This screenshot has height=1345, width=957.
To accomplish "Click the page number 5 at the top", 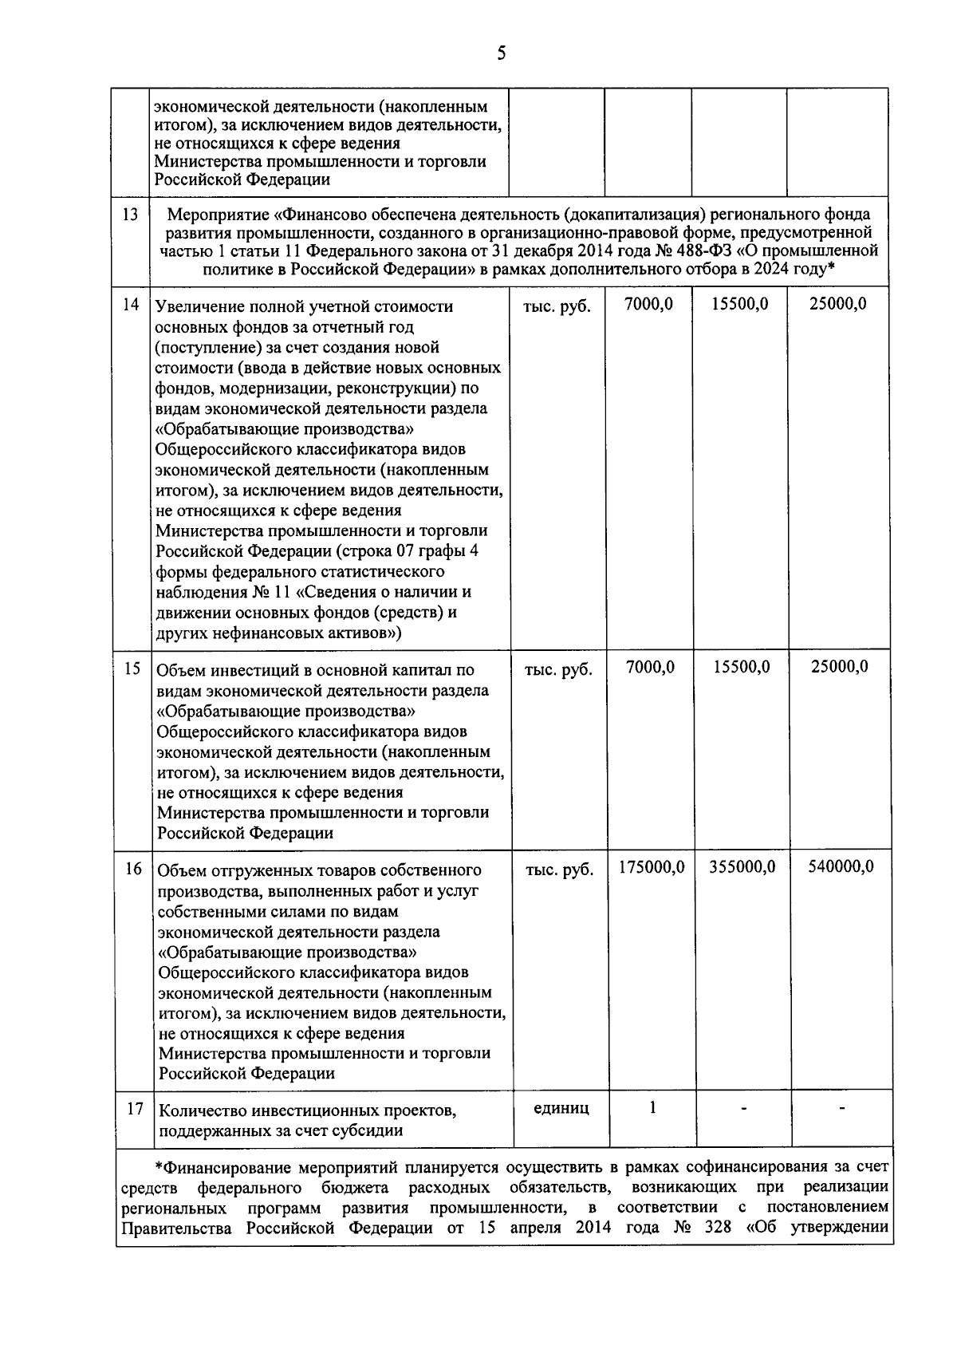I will [501, 53].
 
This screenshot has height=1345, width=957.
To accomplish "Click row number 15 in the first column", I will [132, 669].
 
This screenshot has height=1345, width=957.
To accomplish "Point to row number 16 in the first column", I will [133, 868].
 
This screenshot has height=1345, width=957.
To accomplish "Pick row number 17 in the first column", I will [134, 1109].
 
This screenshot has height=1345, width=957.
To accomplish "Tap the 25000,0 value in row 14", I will [838, 304].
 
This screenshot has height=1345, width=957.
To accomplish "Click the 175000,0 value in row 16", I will [652, 866].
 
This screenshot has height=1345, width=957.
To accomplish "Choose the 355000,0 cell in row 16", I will [742, 866].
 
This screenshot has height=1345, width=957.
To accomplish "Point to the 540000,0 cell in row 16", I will [841, 866].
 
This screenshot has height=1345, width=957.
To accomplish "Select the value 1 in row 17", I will [652, 1108].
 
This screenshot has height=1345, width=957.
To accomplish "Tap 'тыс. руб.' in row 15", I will [558, 669].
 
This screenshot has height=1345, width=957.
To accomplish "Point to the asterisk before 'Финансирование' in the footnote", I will [159, 1168].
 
